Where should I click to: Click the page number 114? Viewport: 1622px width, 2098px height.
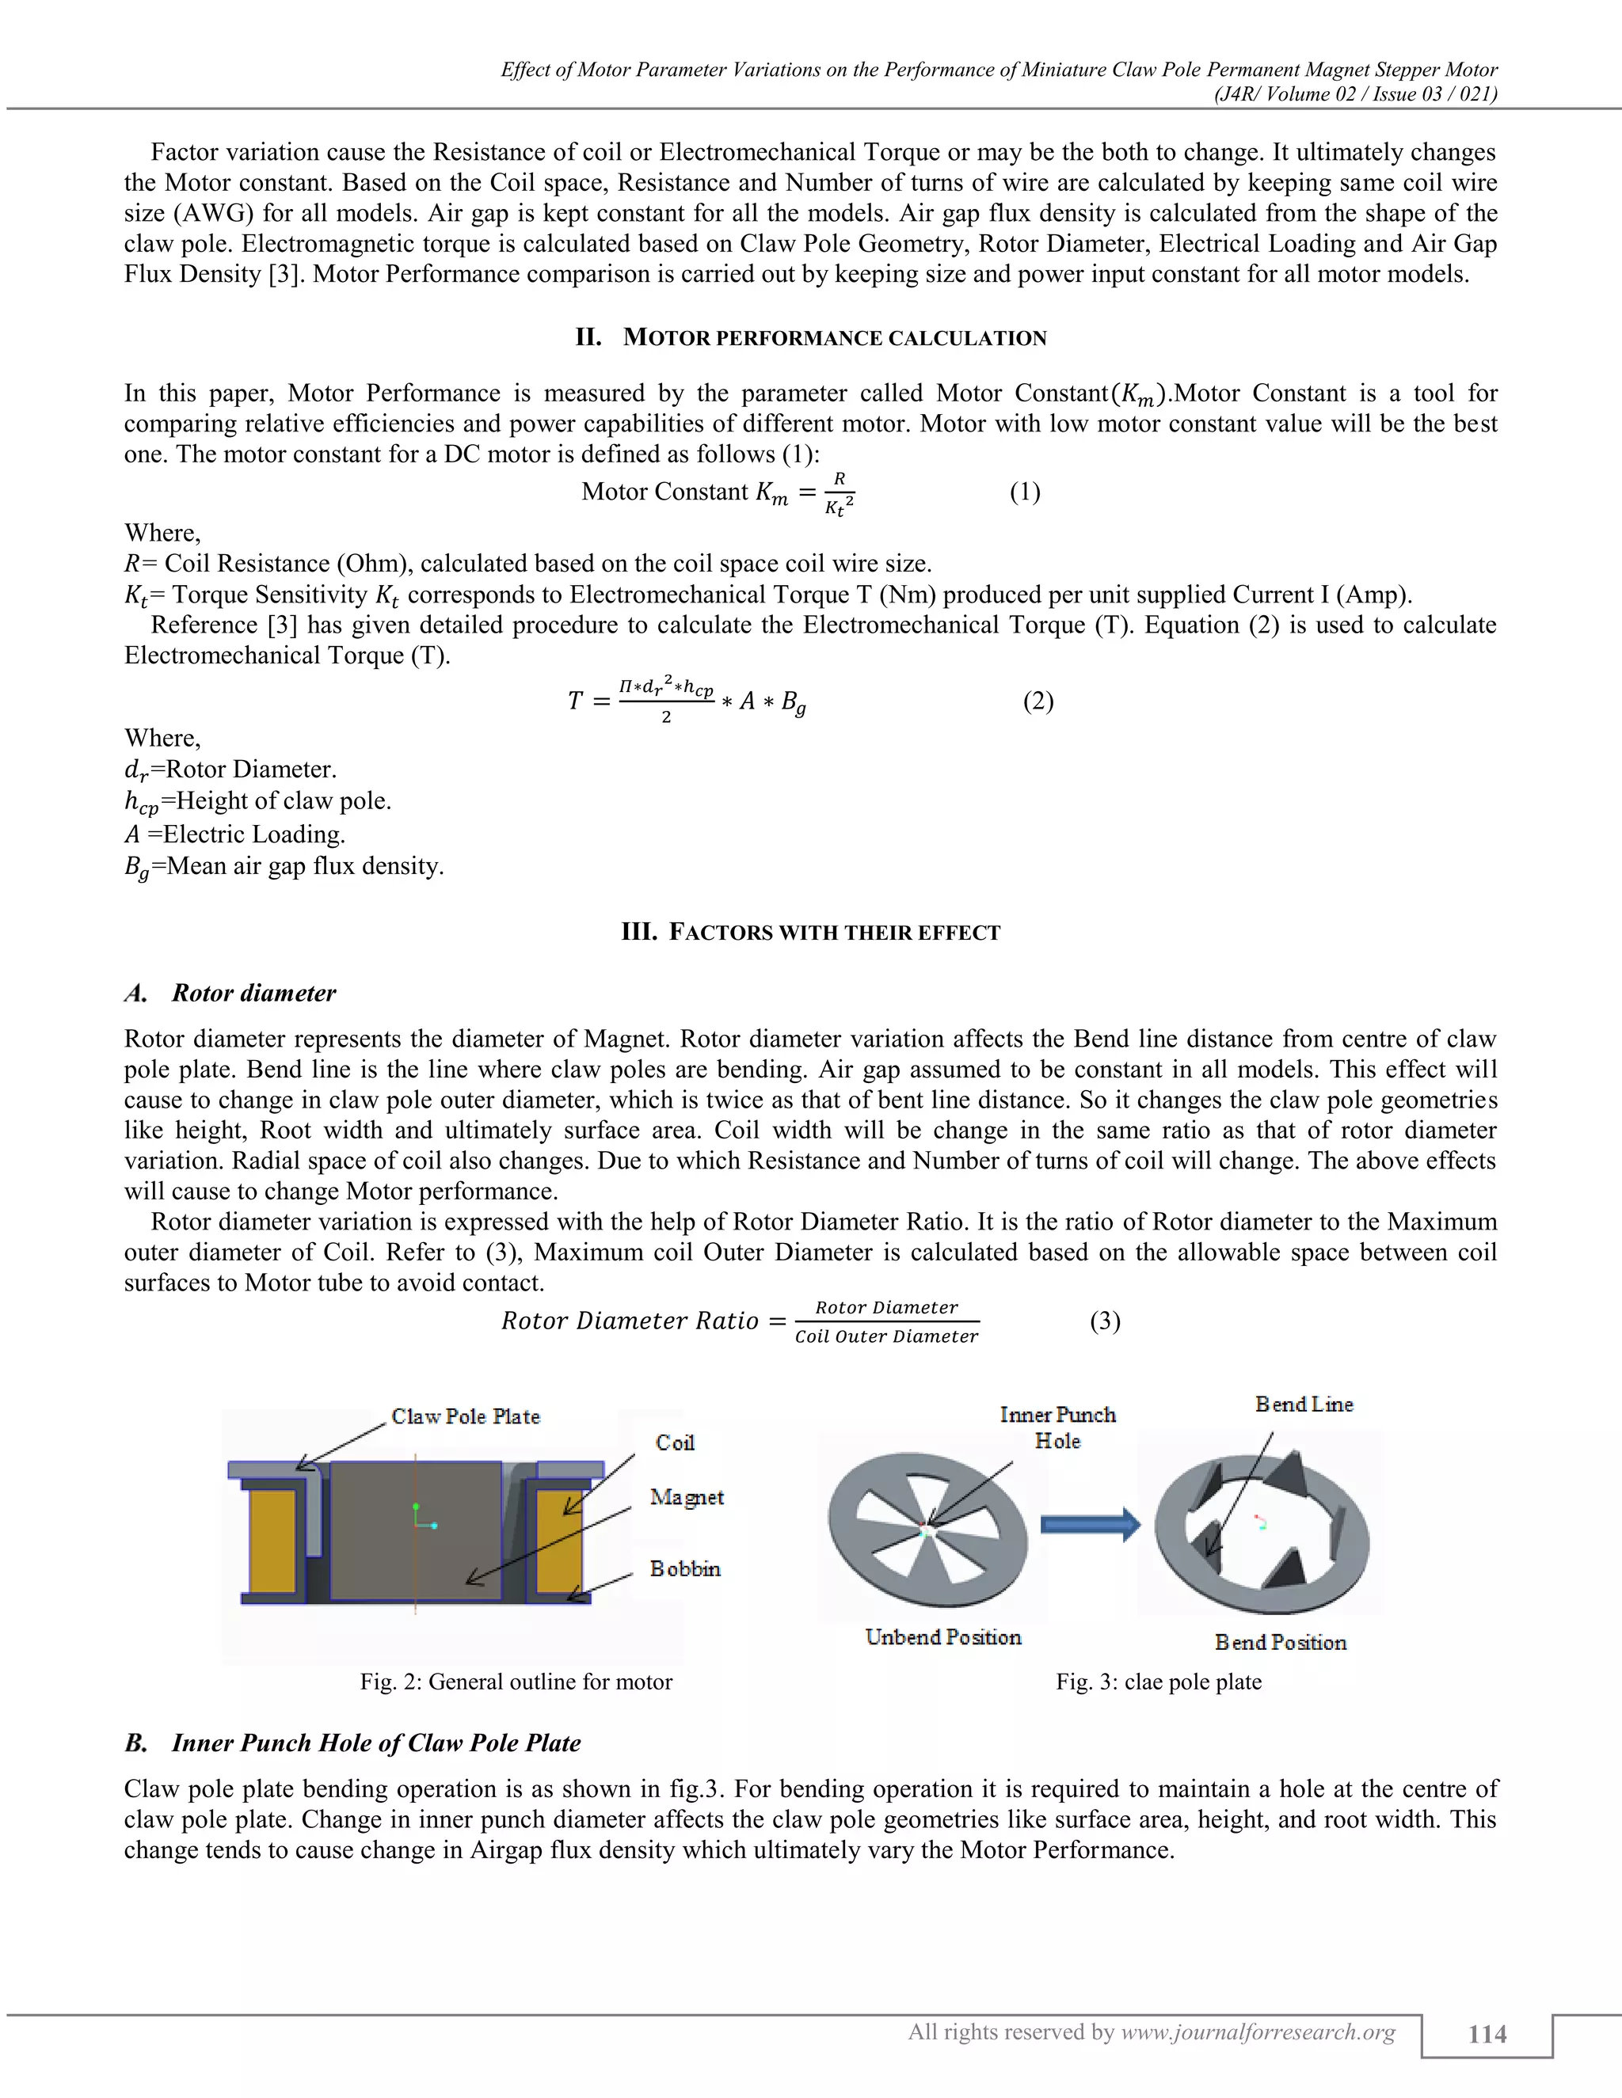click(x=1487, y=2034)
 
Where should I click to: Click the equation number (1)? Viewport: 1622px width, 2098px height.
click(x=1024, y=492)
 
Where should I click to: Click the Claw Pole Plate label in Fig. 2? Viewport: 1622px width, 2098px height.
click(x=465, y=1416)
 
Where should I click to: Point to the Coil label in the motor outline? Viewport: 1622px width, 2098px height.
click(x=675, y=1442)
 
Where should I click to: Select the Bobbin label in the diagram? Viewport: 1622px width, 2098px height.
click(x=684, y=1568)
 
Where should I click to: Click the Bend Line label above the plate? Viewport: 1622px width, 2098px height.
click(x=1303, y=1404)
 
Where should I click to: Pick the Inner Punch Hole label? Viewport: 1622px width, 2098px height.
click(x=1057, y=1427)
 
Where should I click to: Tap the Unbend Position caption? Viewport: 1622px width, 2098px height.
click(x=942, y=1637)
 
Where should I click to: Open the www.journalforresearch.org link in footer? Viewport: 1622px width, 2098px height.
click(x=1258, y=2031)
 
